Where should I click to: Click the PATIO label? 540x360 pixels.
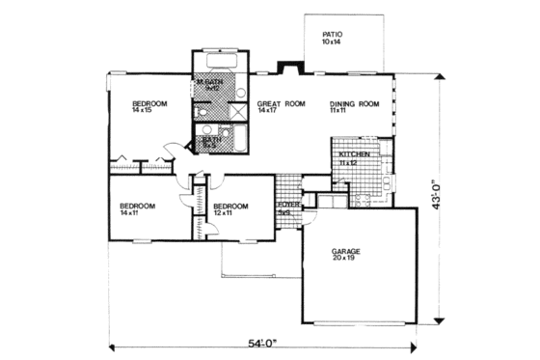tap(332, 35)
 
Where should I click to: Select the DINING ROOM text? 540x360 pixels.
tap(352, 104)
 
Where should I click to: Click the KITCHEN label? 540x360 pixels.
tap(349, 154)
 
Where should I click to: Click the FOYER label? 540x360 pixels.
tap(287, 206)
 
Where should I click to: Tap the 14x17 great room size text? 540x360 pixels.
tap(267, 111)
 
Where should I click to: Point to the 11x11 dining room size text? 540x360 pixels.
tap(337, 111)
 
